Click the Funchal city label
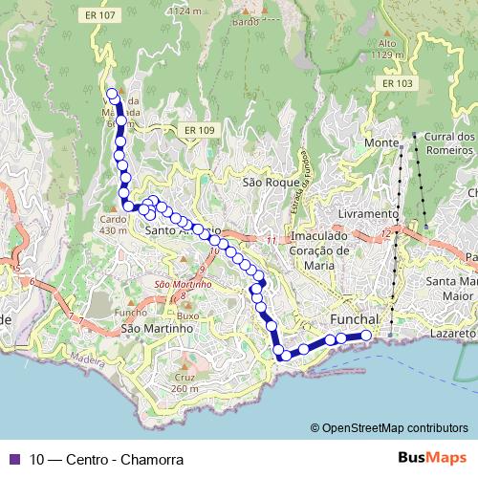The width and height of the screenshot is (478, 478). [355, 318]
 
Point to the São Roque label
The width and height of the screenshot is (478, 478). [265, 181]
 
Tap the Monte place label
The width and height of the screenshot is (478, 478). [381, 142]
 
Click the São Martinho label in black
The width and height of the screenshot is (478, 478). [157, 328]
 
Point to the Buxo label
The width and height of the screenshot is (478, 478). [187, 315]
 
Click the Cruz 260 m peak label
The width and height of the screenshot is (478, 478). [185, 382]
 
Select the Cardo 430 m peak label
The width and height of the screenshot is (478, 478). [113, 225]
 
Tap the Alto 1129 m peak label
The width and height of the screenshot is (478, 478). [386, 50]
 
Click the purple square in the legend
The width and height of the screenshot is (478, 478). [13, 459]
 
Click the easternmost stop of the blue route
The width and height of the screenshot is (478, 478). [365, 335]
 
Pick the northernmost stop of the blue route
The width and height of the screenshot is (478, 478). [112, 94]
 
